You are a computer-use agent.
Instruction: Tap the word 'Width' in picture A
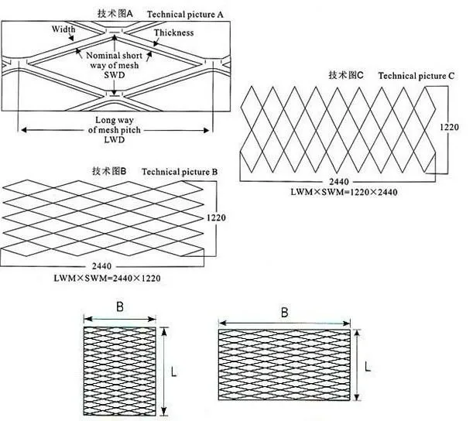pos(64,29)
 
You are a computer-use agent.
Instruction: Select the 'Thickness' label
pos(173,33)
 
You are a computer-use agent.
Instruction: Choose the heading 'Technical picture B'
pos(181,171)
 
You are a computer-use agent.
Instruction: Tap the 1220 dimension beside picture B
pos(217,218)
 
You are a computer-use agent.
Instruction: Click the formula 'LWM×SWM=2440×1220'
pos(108,276)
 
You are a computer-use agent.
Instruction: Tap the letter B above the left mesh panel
pos(120,306)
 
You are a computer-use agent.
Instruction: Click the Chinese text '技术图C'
pos(346,75)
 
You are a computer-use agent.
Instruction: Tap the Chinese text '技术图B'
pos(108,171)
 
